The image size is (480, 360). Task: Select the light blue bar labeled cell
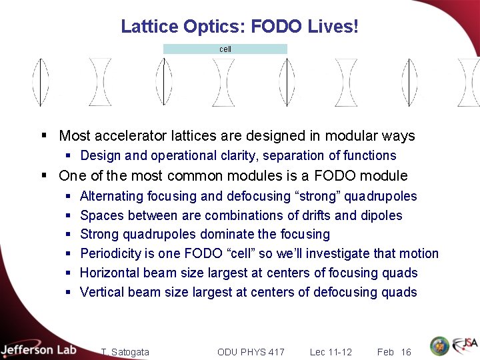pyautogui.click(x=225, y=49)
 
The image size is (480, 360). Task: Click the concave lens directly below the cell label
pyautogui.click(x=223, y=82)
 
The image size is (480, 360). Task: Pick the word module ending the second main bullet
pyautogui.click(x=385, y=176)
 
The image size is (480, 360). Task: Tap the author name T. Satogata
pyautogui.click(x=125, y=352)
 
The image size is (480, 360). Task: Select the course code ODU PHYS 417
pyautogui.click(x=251, y=352)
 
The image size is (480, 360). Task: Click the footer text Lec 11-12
pyautogui.click(x=331, y=352)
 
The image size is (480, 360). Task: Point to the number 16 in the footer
pyautogui.click(x=406, y=352)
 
